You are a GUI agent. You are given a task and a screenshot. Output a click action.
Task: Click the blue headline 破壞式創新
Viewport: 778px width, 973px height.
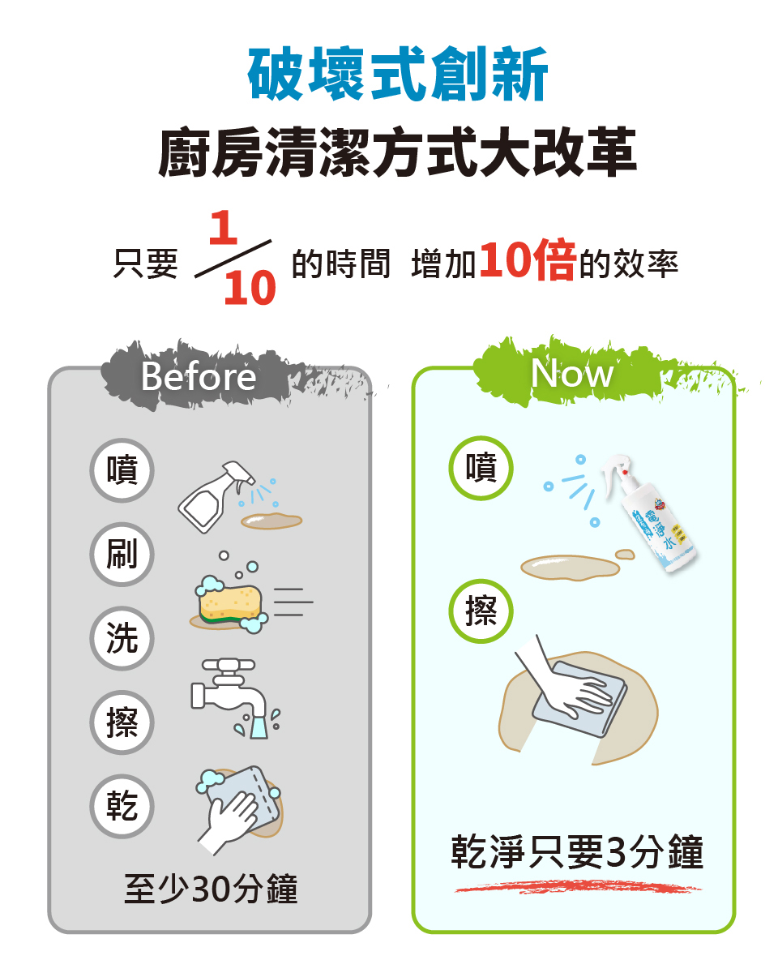(398, 75)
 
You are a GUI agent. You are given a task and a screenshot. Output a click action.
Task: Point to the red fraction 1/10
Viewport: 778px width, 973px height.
(235, 259)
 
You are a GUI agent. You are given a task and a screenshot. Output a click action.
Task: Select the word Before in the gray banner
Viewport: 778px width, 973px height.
(198, 376)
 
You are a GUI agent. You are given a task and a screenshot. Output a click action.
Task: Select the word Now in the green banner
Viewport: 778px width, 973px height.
(572, 373)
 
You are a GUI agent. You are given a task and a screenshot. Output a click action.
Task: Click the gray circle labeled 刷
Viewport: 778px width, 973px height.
(122, 555)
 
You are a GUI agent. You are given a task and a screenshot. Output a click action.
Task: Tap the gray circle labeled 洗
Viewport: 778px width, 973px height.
(122, 639)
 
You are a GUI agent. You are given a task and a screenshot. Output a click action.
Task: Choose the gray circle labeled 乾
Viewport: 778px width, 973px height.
(122, 806)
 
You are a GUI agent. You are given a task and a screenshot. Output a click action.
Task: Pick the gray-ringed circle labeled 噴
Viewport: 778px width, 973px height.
(122, 470)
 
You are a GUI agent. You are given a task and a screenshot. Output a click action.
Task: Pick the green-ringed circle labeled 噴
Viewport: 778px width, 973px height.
(481, 468)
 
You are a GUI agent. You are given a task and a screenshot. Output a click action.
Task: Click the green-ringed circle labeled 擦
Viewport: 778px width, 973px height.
(481, 611)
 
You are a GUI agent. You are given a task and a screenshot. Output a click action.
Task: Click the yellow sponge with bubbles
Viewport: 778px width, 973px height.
(231, 604)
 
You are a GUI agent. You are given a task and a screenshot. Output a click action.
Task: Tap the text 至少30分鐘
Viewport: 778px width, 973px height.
(211, 889)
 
